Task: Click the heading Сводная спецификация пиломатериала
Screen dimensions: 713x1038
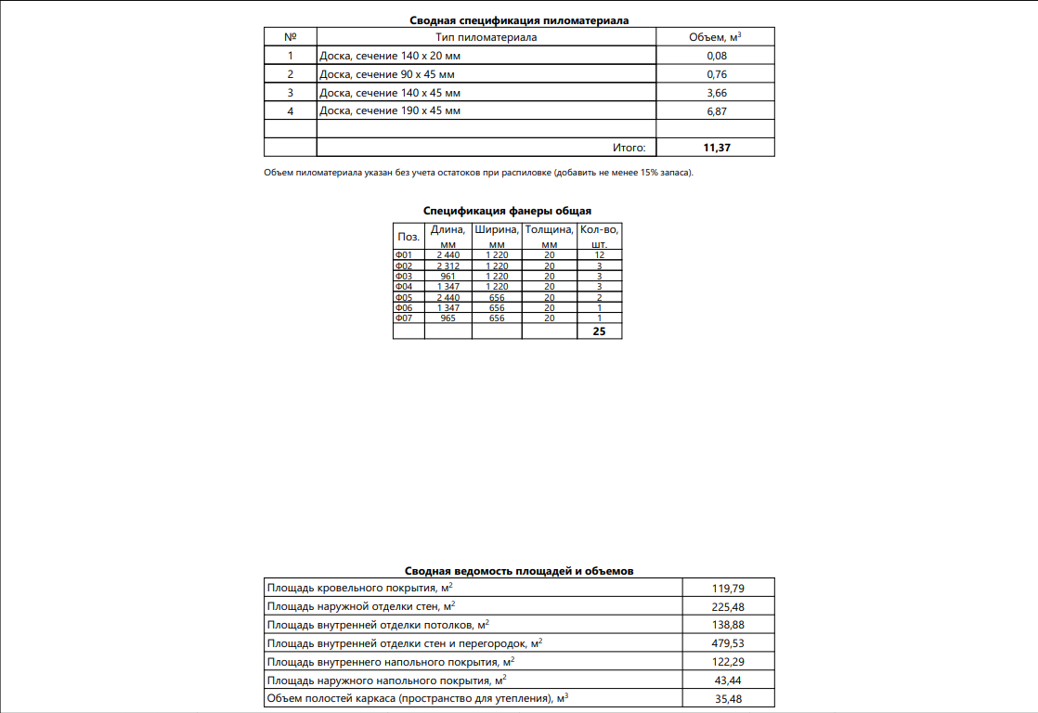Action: click(x=519, y=20)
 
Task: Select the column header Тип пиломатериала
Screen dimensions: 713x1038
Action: click(x=487, y=37)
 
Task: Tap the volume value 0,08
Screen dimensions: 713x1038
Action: click(x=716, y=56)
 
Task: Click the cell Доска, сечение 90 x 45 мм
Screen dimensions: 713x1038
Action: click(x=389, y=74)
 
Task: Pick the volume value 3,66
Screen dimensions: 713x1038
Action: click(x=716, y=93)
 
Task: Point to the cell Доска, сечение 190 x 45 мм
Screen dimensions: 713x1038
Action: click(x=389, y=111)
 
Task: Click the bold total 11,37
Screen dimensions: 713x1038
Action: click(x=716, y=148)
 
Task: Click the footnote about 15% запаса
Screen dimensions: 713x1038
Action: click(x=478, y=173)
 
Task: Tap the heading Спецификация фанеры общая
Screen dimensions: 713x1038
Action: click(x=507, y=211)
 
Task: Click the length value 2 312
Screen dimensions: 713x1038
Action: click(x=448, y=266)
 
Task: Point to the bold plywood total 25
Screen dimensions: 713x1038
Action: click(x=599, y=331)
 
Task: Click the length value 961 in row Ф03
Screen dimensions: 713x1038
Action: click(x=448, y=276)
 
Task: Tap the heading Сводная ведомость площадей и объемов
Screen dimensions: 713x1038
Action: click(x=519, y=572)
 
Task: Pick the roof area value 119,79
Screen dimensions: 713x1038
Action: click(x=727, y=589)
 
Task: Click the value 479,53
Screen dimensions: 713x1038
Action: click(x=727, y=643)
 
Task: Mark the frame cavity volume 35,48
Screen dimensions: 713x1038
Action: click(x=727, y=699)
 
